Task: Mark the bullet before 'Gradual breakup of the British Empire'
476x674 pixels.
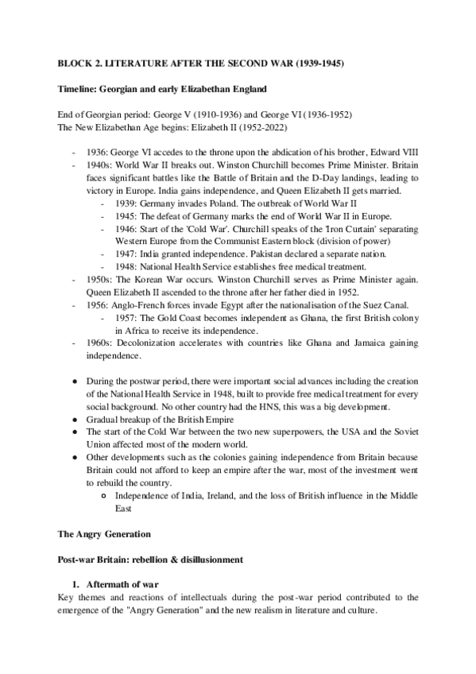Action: pyautogui.click(x=74, y=419)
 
